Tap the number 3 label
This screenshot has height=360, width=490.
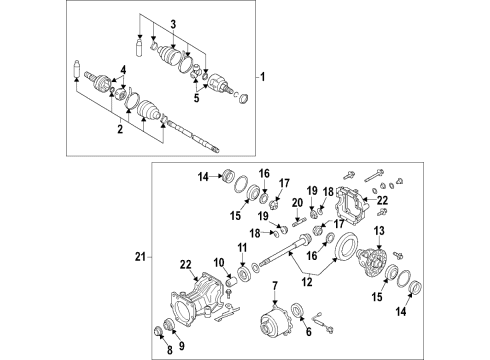pyautogui.click(x=172, y=24)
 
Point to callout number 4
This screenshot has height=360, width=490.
pyautogui.click(x=124, y=68)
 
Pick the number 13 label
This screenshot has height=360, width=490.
pyautogui.click(x=378, y=232)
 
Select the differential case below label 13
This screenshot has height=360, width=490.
pyautogui.click(x=377, y=265)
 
